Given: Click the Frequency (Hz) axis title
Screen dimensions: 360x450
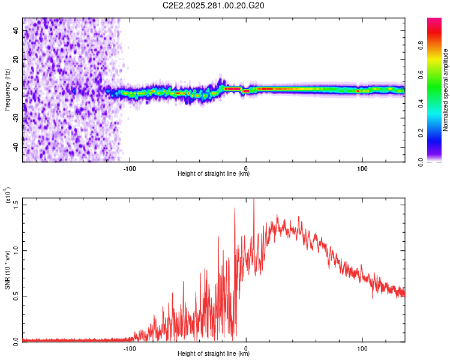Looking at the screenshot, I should tap(7, 90).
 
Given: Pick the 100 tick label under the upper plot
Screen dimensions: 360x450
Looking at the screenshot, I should tap(362, 168).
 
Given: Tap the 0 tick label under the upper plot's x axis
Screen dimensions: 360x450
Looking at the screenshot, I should tap(246, 168).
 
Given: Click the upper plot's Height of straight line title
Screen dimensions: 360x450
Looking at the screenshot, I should tap(214, 175).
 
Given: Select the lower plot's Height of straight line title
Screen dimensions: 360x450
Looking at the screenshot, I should tap(214, 355).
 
